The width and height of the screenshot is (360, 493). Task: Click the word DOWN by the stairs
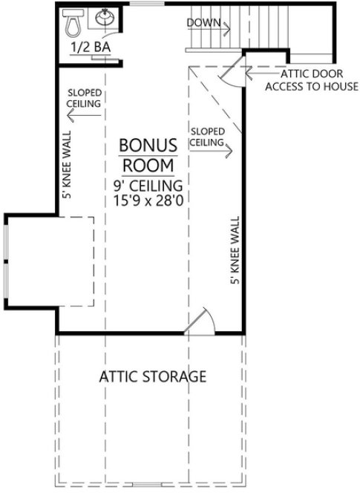[203, 22]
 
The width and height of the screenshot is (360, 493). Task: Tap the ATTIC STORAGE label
[152, 376]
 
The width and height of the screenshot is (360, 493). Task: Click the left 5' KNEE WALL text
[67, 175]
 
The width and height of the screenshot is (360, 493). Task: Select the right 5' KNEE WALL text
[236, 252]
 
